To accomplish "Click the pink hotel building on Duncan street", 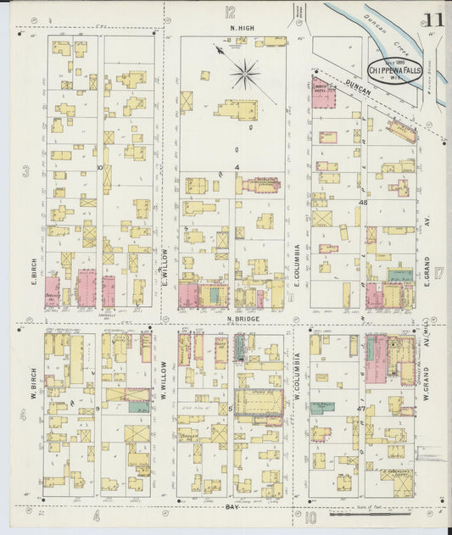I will tap(323, 92).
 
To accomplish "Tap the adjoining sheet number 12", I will tap(230, 12).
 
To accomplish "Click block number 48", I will tap(363, 203).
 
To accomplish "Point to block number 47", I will tap(360, 409).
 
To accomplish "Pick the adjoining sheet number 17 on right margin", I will tap(440, 273).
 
